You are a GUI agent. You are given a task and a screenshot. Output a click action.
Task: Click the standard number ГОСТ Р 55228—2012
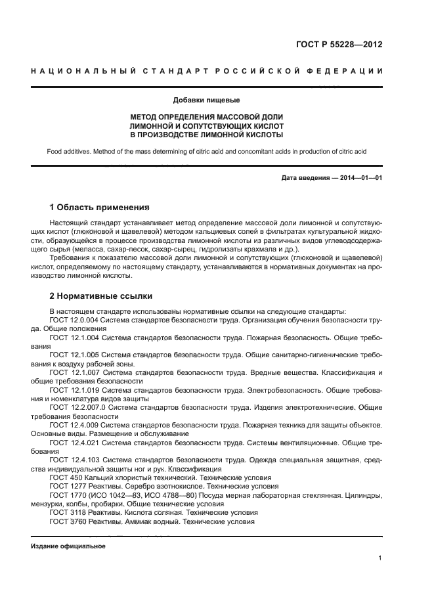(x=340, y=45)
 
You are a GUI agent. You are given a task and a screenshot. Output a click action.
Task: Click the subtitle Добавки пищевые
(x=207, y=100)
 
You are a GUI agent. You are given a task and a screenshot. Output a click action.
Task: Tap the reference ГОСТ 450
(x=66, y=478)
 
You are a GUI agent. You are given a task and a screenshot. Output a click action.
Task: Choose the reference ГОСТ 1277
(x=68, y=487)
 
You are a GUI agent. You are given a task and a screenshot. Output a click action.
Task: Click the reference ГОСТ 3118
(x=68, y=512)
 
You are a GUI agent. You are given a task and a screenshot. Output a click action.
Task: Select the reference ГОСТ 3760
(x=68, y=521)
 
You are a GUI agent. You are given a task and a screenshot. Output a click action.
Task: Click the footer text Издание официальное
(x=68, y=546)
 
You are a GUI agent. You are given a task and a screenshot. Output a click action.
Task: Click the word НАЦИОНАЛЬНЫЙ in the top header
(x=83, y=71)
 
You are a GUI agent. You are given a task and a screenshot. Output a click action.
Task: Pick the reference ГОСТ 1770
(x=68, y=495)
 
